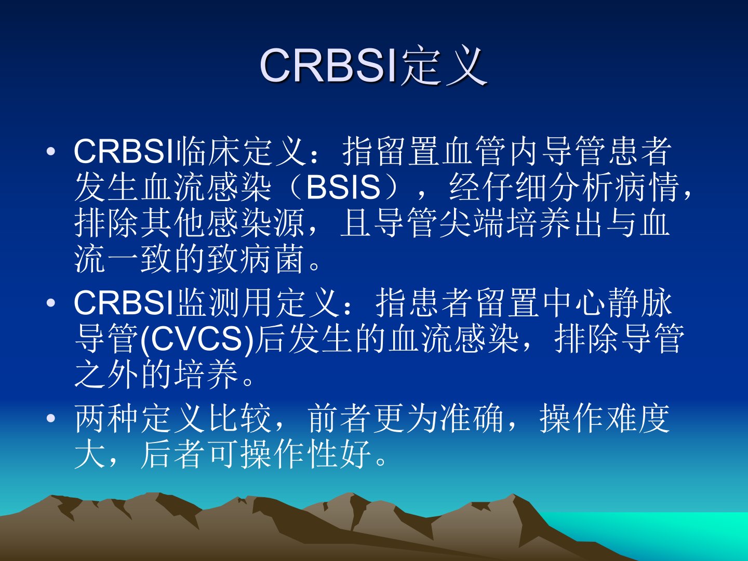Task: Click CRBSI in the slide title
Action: point(329,65)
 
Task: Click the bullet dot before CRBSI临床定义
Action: point(51,152)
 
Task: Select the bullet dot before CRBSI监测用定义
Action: point(51,302)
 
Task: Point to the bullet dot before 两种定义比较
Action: point(51,419)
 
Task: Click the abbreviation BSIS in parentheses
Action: point(343,188)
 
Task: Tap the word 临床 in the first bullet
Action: point(208,151)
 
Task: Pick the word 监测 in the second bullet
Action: point(208,302)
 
